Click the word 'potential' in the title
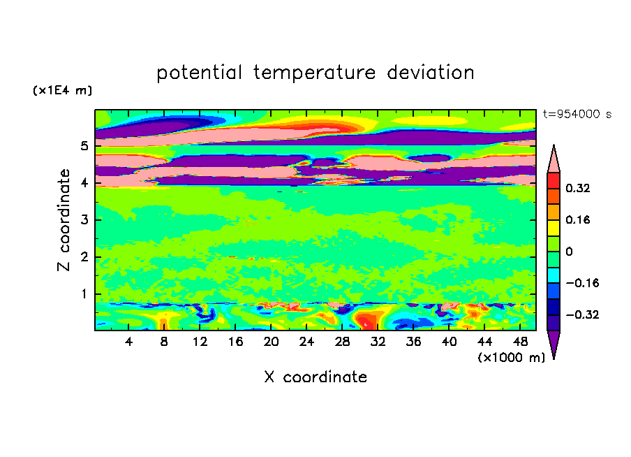click(199, 73)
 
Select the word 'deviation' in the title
click(431, 73)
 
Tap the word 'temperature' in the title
click(314, 73)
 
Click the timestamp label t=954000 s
click(577, 115)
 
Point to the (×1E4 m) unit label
click(62, 90)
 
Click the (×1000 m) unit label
click(511, 358)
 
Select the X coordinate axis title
click(315, 377)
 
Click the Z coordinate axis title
click(64, 220)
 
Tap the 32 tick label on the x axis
click(378, 342)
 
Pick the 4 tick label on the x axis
click(128, 342)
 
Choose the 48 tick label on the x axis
click(520, 342)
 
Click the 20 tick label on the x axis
click(272, 342)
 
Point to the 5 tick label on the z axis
click(84, 146)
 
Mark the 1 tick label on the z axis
click(84, 294)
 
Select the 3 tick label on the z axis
click(84, 220)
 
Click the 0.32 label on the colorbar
click(578, 188)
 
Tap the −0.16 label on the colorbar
click(582, 283)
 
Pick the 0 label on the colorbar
click(569, 252)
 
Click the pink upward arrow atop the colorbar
click(554, 159)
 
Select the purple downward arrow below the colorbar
click(554, 344)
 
